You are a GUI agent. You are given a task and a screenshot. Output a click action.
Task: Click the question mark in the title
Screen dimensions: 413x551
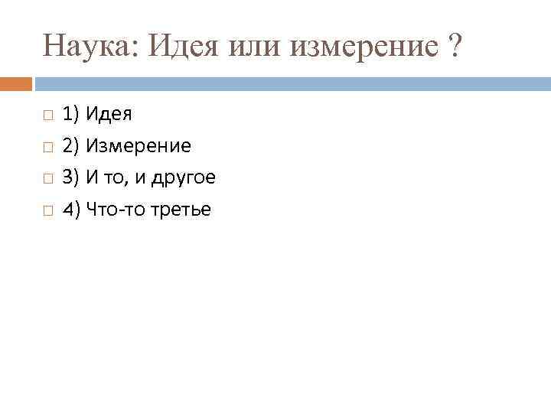pyautogui.click(x=455, y=47)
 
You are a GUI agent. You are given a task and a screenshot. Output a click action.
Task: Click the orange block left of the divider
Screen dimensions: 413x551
pyautogui.click(x=15, y=83)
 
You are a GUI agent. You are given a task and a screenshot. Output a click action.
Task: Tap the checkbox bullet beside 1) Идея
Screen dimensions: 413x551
pyautogui.click(x=47, y=116)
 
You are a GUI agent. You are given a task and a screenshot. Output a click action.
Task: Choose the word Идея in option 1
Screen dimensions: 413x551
pyautogui.click(x=109, y=115)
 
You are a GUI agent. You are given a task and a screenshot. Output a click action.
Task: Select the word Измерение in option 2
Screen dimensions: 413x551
pyautogui.click(x=138, y=146)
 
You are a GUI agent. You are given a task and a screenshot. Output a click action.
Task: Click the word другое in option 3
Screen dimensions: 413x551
pyautogui.click(x=184, y=178)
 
